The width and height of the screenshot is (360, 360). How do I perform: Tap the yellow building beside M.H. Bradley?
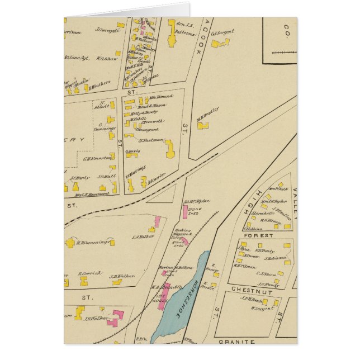[200, 126]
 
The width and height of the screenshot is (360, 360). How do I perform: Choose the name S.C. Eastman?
[151, 140]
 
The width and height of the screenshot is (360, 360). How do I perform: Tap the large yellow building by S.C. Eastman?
[169, 148]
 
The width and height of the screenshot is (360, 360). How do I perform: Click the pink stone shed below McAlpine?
[184, 212]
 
